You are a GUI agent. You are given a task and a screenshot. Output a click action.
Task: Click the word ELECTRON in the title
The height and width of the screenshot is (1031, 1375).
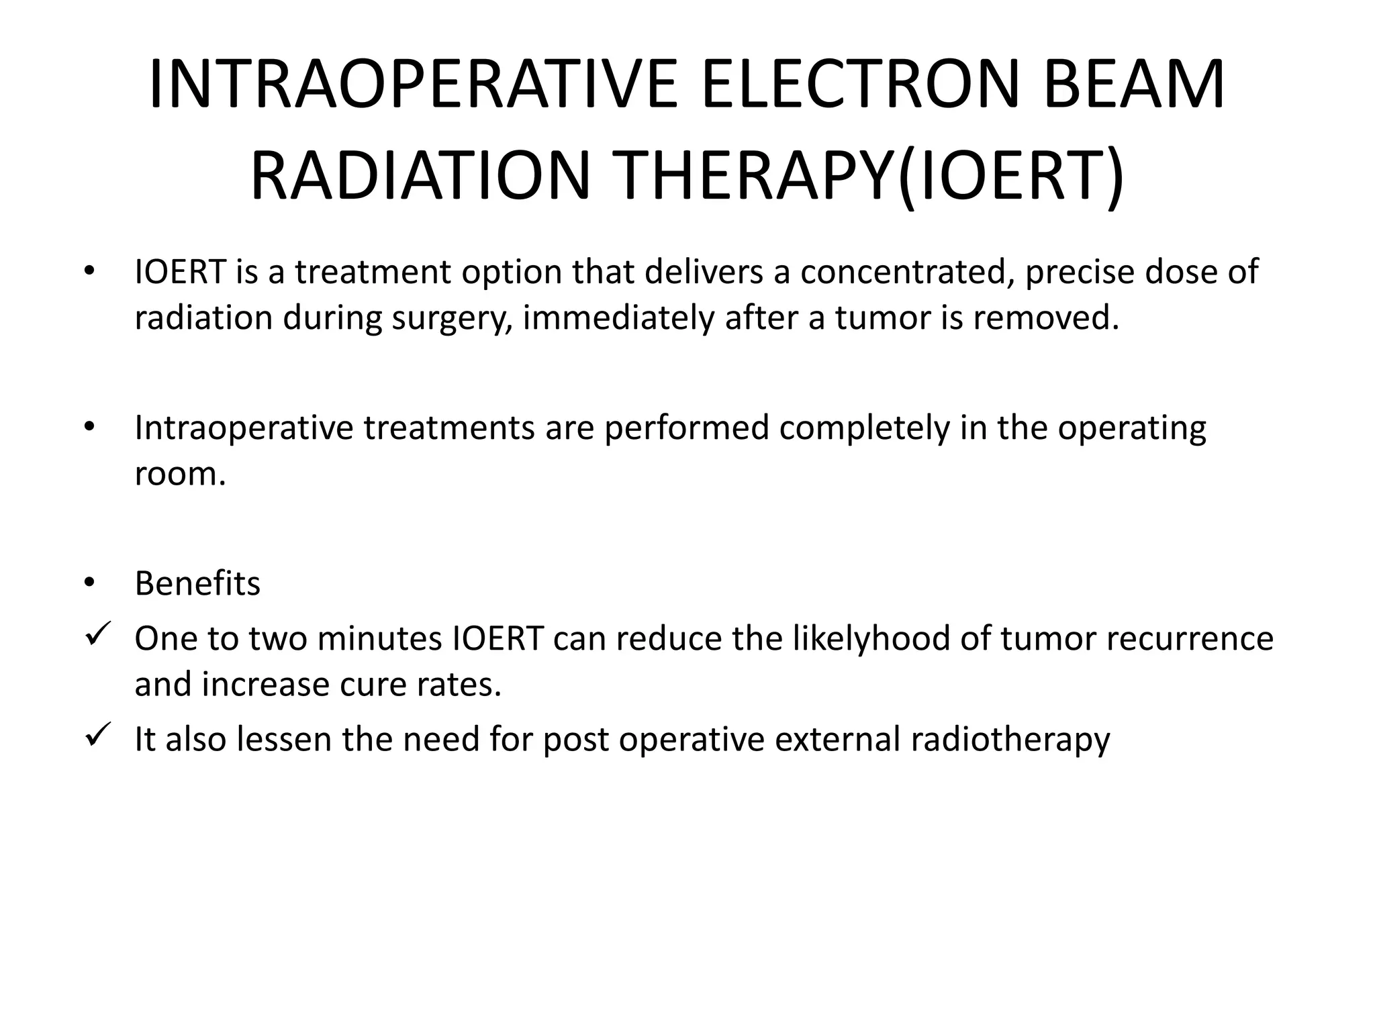[860, 85]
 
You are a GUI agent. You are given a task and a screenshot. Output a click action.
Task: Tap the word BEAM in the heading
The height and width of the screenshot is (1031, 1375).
[1134, 85]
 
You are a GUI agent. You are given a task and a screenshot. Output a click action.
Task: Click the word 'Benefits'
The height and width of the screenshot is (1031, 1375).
[197, 583]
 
